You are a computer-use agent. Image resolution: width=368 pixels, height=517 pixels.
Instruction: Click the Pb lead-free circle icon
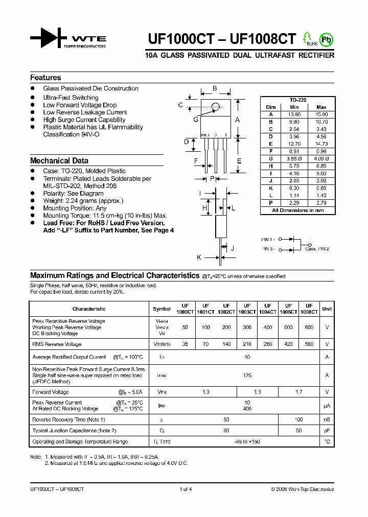pyautogui.click(x=325, y=39)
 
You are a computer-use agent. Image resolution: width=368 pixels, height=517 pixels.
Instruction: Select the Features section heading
pyautogui.click(x=45, y=78)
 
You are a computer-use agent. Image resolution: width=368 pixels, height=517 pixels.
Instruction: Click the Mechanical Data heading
pyautogui.click(x=59, y=160)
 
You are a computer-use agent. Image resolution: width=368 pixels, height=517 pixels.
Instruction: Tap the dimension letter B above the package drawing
pyautogui.click(x=215, y=88)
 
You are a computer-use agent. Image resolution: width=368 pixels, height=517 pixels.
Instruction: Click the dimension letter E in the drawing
pyautogui.click(x=239, y=161)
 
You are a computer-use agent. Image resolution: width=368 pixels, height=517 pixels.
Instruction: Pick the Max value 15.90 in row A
pyautogui.click(x=321, y=114)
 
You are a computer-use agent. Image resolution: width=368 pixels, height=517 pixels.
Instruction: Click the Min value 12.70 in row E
pyautogui.click(x=294, y=144)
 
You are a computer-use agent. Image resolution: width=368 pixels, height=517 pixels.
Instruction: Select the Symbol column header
pyautogui.click(x=162, y=309)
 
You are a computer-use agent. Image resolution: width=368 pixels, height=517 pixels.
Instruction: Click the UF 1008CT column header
pyautogui.click(x=309, y=309)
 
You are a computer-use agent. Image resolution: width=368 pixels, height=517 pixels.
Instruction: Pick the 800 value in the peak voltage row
pyautogui.click(x=309, y=327)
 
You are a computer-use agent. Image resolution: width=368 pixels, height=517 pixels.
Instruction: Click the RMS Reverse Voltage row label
pyautogui.click(x=57, y=344)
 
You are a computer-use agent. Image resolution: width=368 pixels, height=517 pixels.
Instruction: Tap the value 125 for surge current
pyautogui.click(x=247, y=375)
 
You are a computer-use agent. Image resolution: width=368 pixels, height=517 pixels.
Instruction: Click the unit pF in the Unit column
pyautogui.click(x=327, y=431)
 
